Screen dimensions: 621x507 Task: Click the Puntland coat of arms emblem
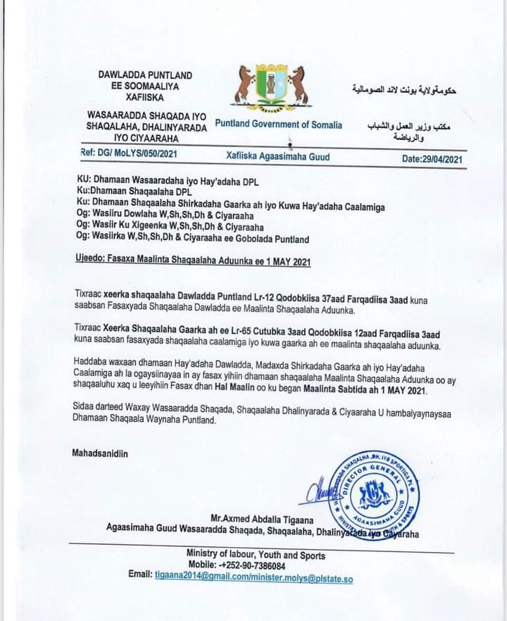pyautogui.click(x=272, y=87)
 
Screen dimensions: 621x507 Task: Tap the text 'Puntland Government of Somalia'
pyautogui.click(x=278, y=125)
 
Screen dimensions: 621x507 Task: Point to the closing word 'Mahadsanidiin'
pyautogui.click(x=101, y=453)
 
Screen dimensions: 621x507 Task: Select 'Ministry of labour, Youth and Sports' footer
pyautogui.click(x=256, y=555)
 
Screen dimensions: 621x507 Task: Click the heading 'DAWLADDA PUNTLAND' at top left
pyautogui.click(x=145, y=75)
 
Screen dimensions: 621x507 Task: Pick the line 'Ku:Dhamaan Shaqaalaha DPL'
pyautogui.click(x=134, y=191)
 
